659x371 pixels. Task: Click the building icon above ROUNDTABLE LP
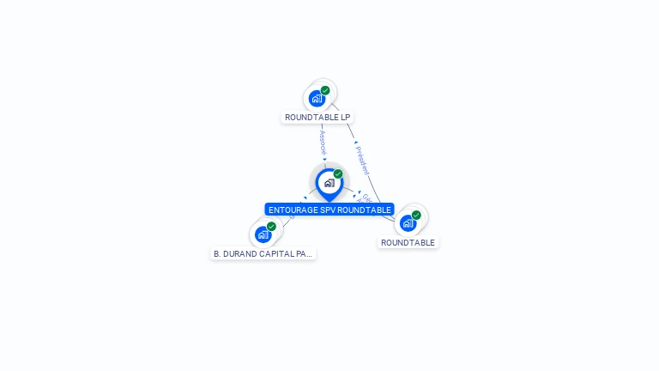(x=317, y=98)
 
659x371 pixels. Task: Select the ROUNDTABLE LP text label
(x=317, y=117)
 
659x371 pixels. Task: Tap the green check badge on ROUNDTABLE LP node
(x=325, y=90)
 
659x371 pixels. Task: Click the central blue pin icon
(x=329, y=183)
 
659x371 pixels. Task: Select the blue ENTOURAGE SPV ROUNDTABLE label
(x=329, y=210)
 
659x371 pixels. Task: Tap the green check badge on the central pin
(x=338, y=174)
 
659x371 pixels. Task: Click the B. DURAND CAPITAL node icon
(x=263, y=234)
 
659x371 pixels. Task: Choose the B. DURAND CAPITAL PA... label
(x=263, y=253)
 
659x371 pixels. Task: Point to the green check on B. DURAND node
(x=271, y=227)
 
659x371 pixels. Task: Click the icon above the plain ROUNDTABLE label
(x=408, y=222)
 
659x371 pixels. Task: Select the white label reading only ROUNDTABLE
(x=408, y=243)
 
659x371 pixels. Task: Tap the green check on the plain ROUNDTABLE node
(x=416, y=216)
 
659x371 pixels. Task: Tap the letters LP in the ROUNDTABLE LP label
(x=345, y=117)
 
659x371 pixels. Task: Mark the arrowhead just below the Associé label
(x=324, y=159)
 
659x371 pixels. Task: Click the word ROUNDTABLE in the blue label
(x=365, y=210)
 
